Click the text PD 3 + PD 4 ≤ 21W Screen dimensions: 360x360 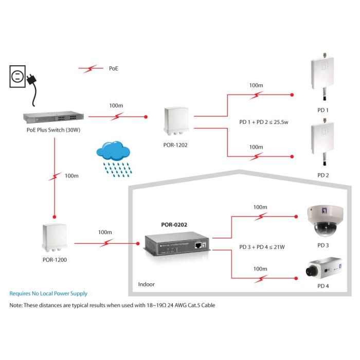(262, 247)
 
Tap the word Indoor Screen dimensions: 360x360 (147, 284)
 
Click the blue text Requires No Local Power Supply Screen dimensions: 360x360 (48, 294)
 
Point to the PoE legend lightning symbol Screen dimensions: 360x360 (91, 68)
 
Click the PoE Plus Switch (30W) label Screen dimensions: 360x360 (53, 130)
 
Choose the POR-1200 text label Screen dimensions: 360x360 (55, 260)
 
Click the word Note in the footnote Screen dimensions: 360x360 (16, 305)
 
